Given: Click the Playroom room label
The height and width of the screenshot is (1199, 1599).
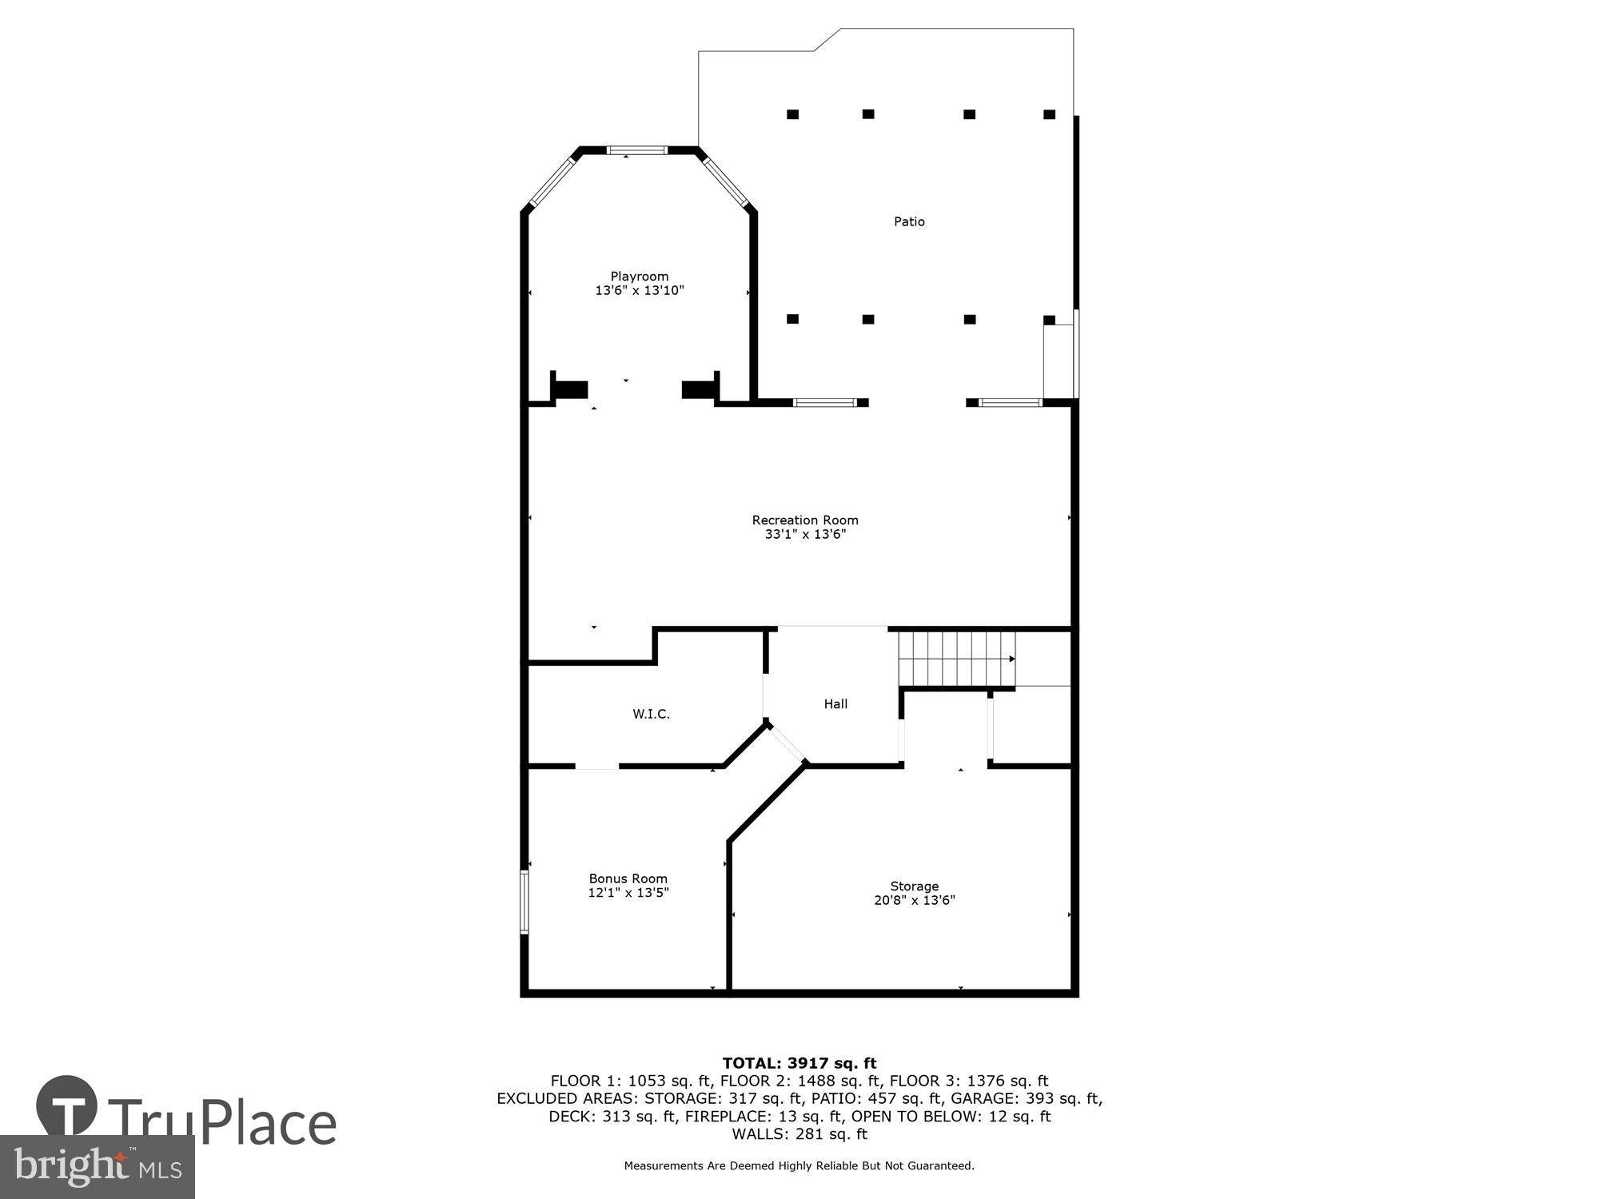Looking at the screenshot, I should pos(639,277).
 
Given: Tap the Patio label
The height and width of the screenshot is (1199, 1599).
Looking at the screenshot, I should pos(909,221).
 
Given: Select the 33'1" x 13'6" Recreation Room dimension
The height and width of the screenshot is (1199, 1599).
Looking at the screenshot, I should pos(804,534).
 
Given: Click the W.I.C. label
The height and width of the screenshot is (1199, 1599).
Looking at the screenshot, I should pos(651,714).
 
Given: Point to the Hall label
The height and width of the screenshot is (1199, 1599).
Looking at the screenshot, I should pos(835,703).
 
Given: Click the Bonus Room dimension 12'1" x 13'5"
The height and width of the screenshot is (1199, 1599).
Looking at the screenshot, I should pos(628,893).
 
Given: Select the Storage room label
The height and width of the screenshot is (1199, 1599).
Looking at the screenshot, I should pos(914,886).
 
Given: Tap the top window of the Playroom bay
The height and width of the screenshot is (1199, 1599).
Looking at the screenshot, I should pos(636,149).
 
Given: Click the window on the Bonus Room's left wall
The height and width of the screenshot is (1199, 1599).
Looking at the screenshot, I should pos(524,902).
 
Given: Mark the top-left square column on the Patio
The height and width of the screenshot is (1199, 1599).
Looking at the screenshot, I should pos(792,114).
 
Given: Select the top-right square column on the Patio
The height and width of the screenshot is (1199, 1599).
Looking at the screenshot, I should pos(1049,114).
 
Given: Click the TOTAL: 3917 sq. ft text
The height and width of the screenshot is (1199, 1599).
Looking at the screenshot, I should pos(799,1063).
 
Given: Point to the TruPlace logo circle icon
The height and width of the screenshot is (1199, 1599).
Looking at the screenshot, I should pos(67,1107).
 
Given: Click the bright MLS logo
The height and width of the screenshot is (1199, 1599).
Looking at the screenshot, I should pos(97,1166).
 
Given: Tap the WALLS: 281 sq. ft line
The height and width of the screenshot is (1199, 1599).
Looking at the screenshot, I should pos(799,1133).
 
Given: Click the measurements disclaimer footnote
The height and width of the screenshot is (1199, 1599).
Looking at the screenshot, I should pos(799,1166).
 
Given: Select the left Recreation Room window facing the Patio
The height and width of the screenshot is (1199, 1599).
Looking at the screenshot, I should pos(824,402).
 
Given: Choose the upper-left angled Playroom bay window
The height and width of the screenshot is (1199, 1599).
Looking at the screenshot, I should pos(552,181).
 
